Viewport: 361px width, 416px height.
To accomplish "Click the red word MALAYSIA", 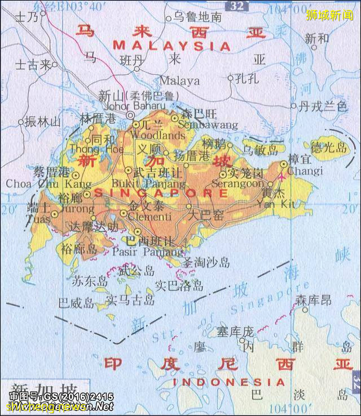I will point(171,45).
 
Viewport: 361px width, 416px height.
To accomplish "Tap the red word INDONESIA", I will point(229,382).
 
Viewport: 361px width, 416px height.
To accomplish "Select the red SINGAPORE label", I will point(161,193).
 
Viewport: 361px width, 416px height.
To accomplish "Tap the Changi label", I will point(305,171).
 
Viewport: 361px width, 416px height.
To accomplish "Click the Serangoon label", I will point(237,184).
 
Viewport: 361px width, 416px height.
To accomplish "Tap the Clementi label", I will point(150,217).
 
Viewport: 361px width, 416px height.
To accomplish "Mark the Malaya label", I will point(179,80).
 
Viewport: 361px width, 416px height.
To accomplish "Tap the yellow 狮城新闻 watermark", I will point(329,15).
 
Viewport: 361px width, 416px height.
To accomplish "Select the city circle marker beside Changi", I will point(284,164).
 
